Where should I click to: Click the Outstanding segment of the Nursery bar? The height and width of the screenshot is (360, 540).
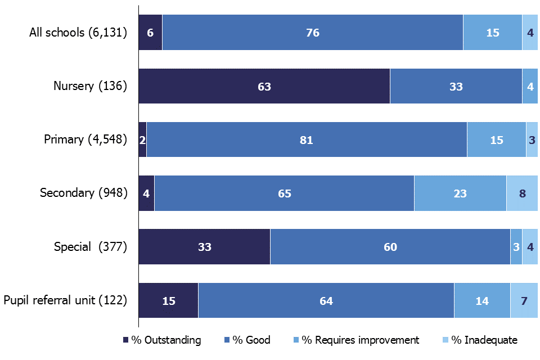click(264, 86)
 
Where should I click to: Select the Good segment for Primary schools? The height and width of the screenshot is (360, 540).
click(307, 139)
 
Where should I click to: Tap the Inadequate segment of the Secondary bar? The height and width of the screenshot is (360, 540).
click(522, 193)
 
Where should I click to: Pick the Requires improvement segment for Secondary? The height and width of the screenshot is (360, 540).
click(460, 193)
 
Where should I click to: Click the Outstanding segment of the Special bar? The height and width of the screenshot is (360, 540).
click(204, 246)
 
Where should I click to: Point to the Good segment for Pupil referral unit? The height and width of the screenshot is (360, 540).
click(326, 300)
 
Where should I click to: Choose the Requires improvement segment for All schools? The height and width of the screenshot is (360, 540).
click(492, 33)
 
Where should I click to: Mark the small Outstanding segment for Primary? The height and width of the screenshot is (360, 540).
click(142, 139)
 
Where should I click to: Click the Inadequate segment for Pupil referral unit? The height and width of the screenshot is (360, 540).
click(524, 300)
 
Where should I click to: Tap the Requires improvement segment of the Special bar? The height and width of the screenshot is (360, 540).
click(516, 246)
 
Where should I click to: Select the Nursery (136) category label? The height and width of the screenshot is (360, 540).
click(90, 86)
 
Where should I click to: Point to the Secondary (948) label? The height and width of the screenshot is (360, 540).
click(83, 193)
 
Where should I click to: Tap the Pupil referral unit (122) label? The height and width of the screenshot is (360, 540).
click(65, 300)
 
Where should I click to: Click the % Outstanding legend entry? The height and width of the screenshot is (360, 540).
click(161, 340)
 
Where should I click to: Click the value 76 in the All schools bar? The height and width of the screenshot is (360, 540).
click(313, 33)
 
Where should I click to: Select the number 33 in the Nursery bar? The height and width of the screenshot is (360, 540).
click(456, 86)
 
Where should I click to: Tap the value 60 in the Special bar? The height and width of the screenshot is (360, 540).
click(390, 246)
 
